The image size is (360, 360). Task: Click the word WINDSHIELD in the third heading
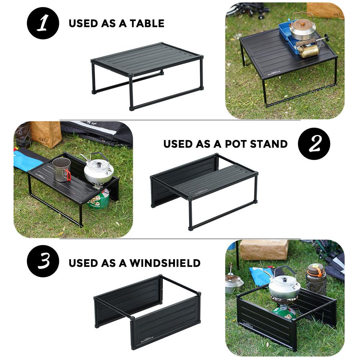165,263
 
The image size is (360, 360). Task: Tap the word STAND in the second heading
269,144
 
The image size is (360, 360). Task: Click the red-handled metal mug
62,169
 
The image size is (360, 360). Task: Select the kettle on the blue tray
302,27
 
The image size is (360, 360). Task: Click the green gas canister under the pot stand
99,199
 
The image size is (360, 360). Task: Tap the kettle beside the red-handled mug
98,170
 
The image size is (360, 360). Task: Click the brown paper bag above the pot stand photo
46,133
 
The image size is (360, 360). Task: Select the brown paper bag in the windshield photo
264,249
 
